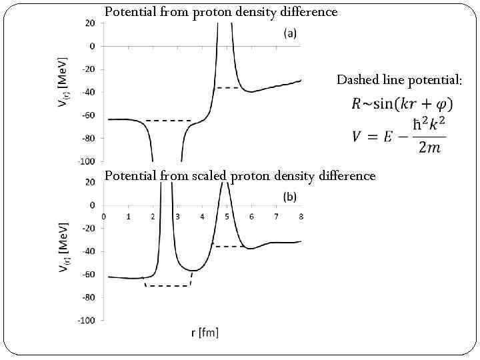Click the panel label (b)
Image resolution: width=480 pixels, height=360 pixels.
click(290, 197)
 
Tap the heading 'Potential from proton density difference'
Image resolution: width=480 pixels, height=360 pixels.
click(221, 12)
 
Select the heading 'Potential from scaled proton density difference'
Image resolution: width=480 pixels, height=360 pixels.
click(240, 175)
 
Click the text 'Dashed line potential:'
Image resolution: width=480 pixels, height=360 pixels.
click(399, 80)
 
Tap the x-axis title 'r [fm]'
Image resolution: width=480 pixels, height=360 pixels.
click(205, 331)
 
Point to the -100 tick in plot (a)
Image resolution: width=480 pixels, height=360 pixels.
click(86, 161)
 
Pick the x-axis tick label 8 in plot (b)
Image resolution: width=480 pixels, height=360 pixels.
click(301, 216)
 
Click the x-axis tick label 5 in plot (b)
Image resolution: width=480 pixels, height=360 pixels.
click(227, 216)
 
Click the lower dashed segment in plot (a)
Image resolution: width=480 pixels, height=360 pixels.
click(168, 121)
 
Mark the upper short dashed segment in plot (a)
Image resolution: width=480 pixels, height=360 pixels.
click(228, 88)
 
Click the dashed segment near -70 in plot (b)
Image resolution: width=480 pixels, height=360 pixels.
click(167, 286)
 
